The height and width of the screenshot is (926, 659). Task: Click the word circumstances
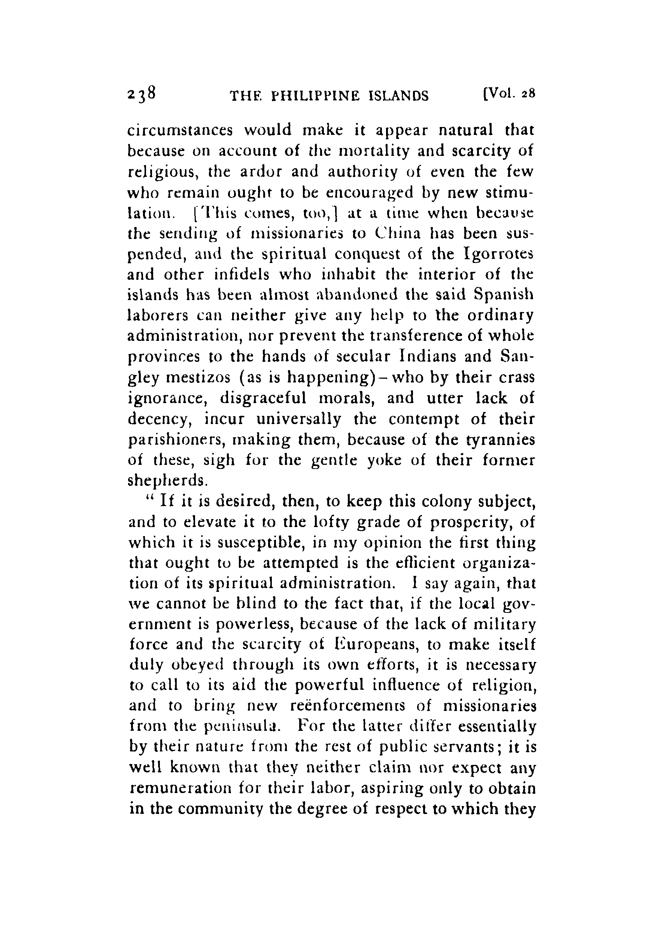180,131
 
